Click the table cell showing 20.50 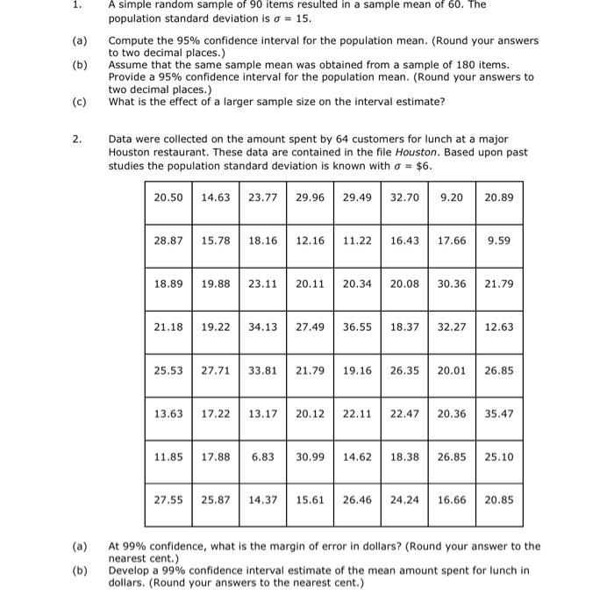coord(168,197)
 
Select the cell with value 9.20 coord(452,197)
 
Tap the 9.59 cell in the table coord(499,240)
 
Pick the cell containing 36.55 coord(357,327)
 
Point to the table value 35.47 coord(499,413)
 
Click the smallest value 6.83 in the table coord(262,456)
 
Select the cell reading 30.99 coord(310,456)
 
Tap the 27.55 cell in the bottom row coord(168,499)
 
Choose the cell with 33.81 coord(262,370)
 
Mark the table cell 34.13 coord(262,327)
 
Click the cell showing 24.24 coord(404,499)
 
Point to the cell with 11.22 coord(357,240)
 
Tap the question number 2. coord(77,139)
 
